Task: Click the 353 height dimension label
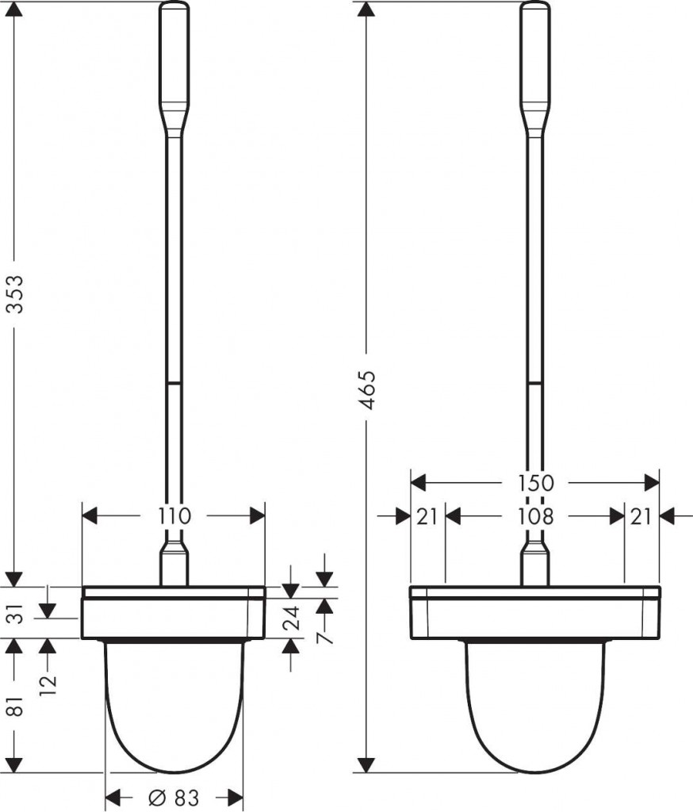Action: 17,294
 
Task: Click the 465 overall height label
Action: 367,390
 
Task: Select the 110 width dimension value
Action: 174,516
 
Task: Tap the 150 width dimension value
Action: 535,483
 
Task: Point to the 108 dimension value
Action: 535,516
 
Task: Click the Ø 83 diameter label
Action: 173,798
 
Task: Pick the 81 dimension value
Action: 17,705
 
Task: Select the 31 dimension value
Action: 17,613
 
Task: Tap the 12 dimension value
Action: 48,684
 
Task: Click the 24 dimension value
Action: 292,617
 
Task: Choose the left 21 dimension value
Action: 427,516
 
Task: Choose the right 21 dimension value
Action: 641,516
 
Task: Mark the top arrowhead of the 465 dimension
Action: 366,10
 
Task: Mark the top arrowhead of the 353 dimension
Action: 16,10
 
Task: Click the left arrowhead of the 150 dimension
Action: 418,483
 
